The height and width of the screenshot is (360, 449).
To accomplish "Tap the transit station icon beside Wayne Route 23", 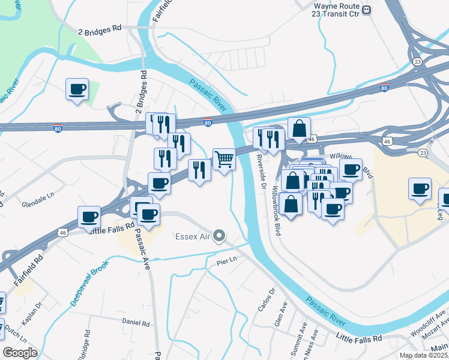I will pos(367,10).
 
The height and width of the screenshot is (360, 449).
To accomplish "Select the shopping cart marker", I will pos(224,160).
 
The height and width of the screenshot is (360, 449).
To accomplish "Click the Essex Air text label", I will pos(192,236).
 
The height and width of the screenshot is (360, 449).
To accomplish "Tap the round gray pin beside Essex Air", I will pos(220,236).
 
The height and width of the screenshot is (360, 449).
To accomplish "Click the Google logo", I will pos(19,353).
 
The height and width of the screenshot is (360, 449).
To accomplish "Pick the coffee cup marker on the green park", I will pos(77,89).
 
